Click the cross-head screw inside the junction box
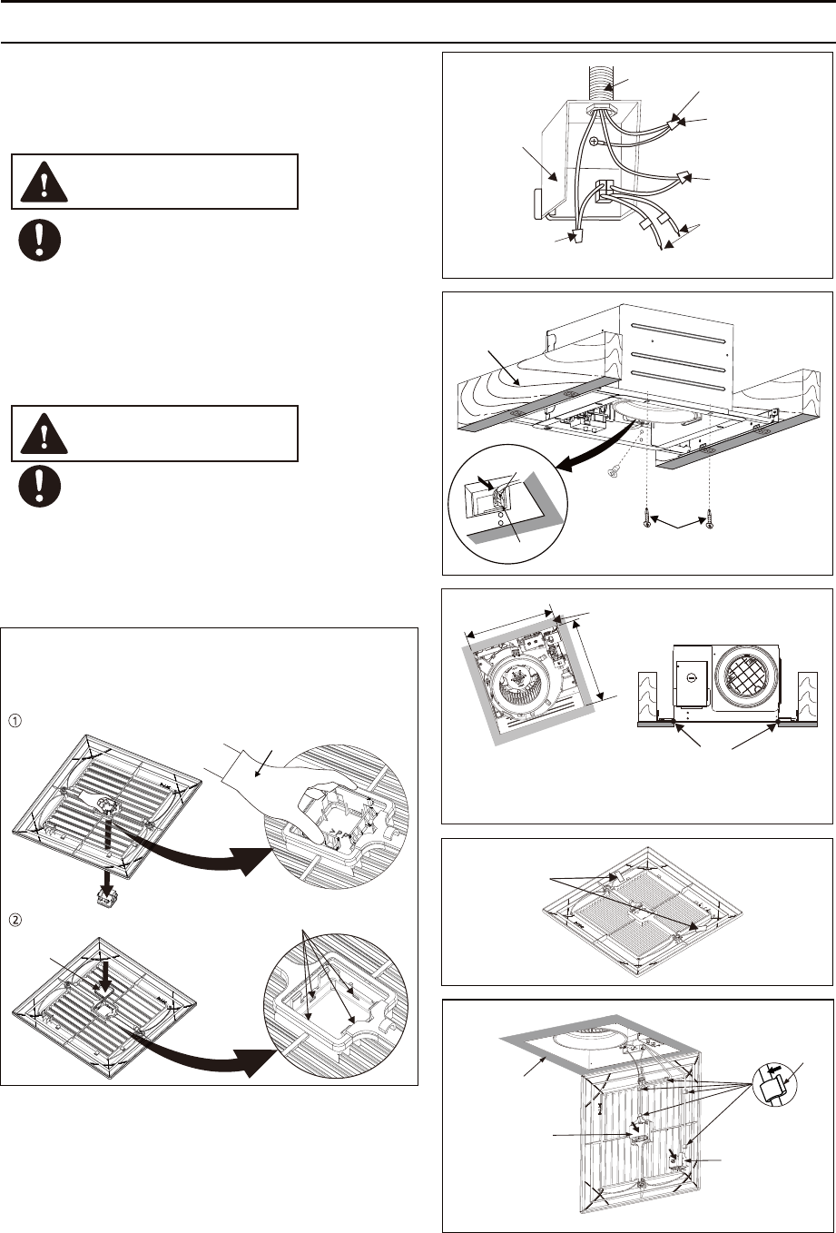(595, 143)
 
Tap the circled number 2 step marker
(14, 918)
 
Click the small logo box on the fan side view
(691, 677)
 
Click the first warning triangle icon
(38, 183)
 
